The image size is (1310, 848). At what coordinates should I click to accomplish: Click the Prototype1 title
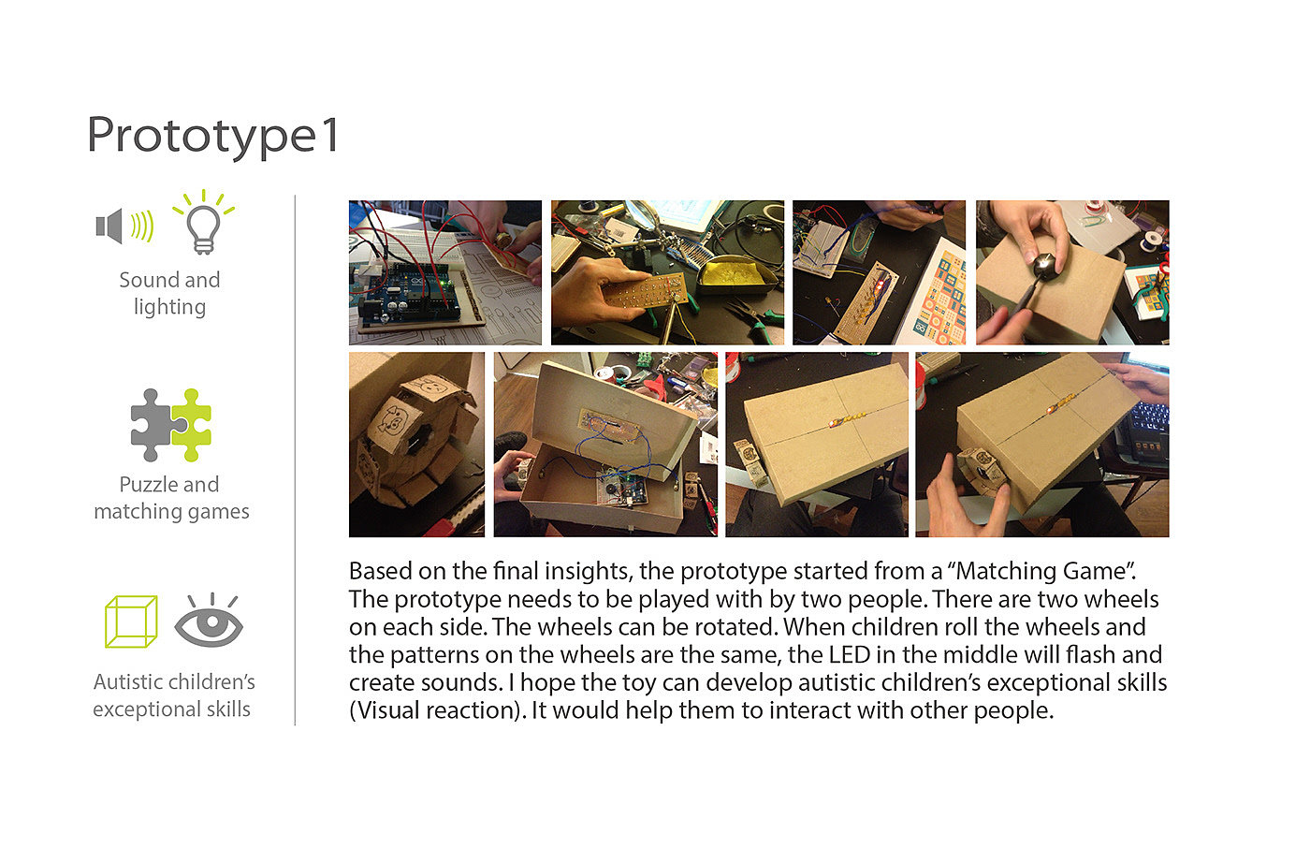[x=213, y=136]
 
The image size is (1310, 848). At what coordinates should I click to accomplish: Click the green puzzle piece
[x=191, y=425]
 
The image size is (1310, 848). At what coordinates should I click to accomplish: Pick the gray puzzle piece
[x=152, y=425]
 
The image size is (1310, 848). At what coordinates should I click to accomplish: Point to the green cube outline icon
[x=131, y=621]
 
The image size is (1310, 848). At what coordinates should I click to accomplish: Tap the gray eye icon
[x=209, y=621]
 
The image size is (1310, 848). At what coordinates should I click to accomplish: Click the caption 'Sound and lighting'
[x=169, y=294]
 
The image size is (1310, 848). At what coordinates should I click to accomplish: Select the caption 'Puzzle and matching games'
[x=171, y=498]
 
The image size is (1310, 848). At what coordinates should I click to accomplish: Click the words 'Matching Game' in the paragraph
[x=1042, y=571]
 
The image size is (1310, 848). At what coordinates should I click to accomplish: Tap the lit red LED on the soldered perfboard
[x=881, y=285]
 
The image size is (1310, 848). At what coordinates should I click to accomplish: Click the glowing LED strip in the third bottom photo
[x=843, y=420]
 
